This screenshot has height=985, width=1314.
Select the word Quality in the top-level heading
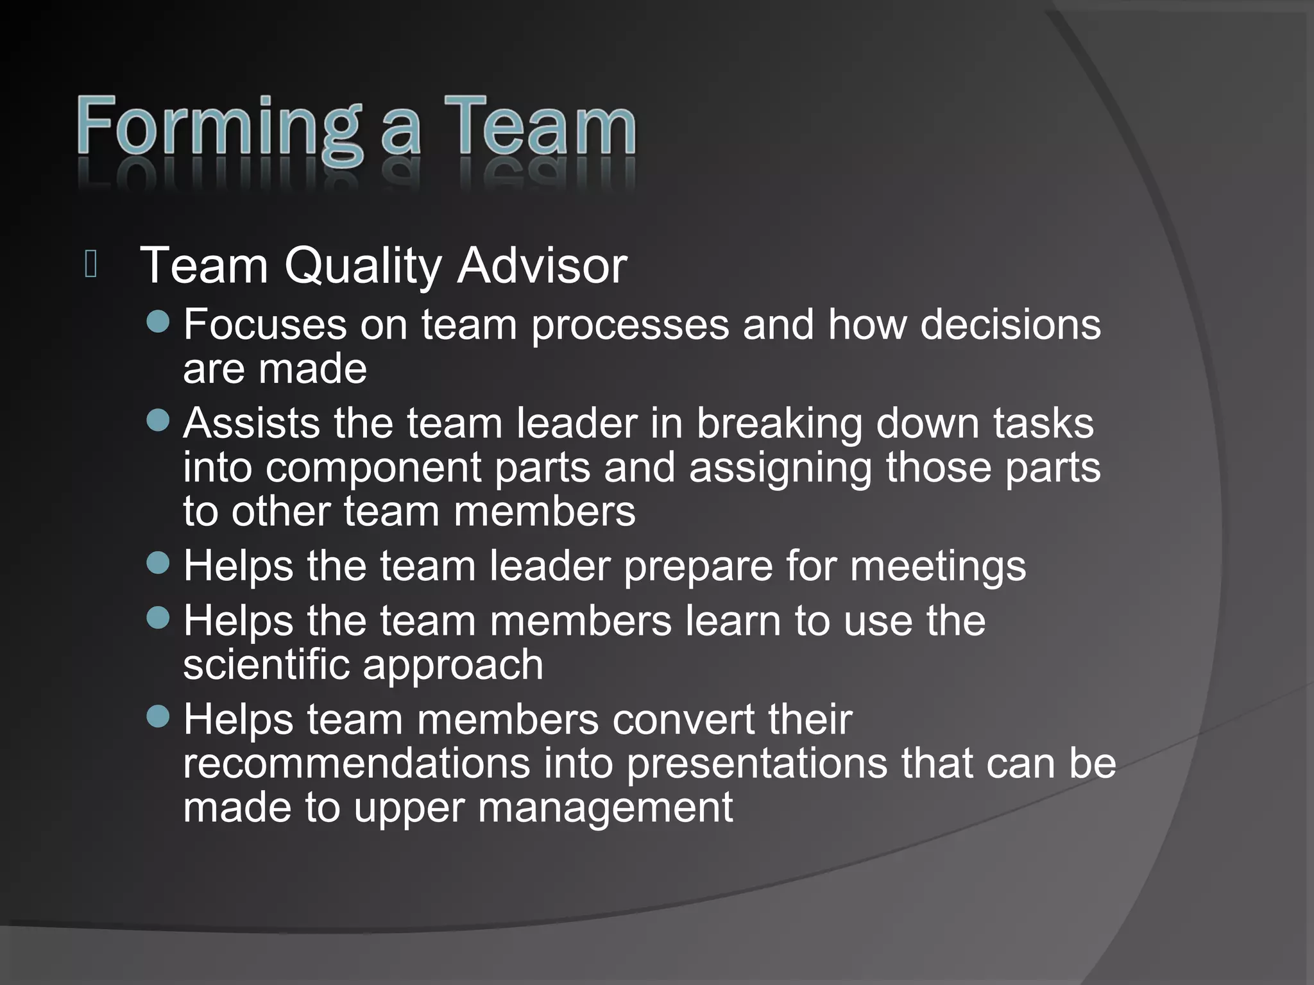tap(363, 265)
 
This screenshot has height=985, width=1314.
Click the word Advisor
tap(542, 265)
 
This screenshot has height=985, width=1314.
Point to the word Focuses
tap(264, 324)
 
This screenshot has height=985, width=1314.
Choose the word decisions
tap(1011, 324)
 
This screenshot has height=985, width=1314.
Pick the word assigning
tap(780, 467)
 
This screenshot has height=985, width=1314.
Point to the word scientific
tap(266, 664)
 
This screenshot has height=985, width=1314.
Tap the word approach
tap(453, 664)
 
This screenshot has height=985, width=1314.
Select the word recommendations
tap(357, 763)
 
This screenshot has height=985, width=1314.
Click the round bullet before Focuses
tap(158, 321)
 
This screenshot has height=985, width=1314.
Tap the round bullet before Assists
tap(158, 421)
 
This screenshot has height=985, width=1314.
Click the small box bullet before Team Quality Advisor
tap(90, 264)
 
